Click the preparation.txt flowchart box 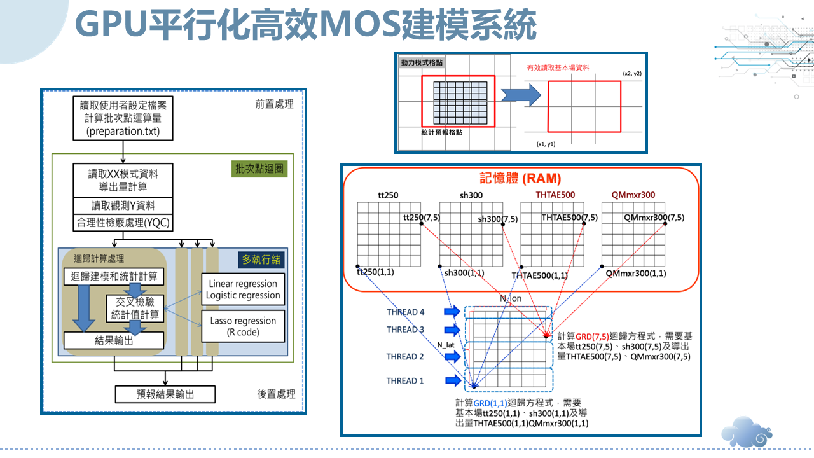tap(123, 118)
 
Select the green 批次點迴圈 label tap(259, 169)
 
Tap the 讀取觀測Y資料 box tap(123, 205)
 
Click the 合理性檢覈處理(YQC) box tap(123, 223)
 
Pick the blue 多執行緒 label tap(261, 260)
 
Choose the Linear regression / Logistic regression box tap(243, 289)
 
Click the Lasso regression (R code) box tap(243, 326)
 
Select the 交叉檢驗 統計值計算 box tap(135, 309)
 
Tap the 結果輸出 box tap(114, 340)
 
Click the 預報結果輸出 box tap(165, 394)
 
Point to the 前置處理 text tap(274, 104)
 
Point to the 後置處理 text tap(276, 394)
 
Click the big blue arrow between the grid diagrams tap(521, 95)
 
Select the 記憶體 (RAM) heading tap(520, 179)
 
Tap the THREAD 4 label tap(405, 312)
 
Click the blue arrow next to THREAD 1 tap(453, 380)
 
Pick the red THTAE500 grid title tap(555, 195)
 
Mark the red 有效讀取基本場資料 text tap(558, 67)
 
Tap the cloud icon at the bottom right tap(747, 432)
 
